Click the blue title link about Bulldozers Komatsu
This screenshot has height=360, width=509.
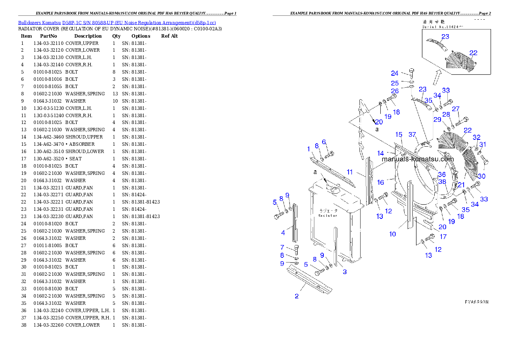[x=117, y=23]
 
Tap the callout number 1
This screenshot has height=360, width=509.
[x=308, y=149]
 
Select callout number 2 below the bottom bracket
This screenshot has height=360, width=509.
[x=296, y=296]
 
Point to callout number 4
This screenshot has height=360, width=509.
[x=283, y=233]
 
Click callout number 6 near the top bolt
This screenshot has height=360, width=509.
[x=324, y=142]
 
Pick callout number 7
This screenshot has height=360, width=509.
[x=282, y=247]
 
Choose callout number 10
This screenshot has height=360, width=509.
[x=392, y=234]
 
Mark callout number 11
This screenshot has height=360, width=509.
[x=349, y=172]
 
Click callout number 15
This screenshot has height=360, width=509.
[x=399, y=135]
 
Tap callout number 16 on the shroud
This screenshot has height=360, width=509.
[x=380, y=183]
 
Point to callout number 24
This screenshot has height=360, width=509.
[x=394, y=74]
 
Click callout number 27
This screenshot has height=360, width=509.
[x=456, y=109]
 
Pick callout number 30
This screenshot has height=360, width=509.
[x=482, y=176]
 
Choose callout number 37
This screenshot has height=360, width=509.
[x=412, y=135]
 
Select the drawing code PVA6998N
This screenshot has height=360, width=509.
[x=476, y=302]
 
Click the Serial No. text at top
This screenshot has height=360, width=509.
[x=444, y=27]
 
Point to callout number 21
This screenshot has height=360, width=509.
[x=461, y=184]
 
